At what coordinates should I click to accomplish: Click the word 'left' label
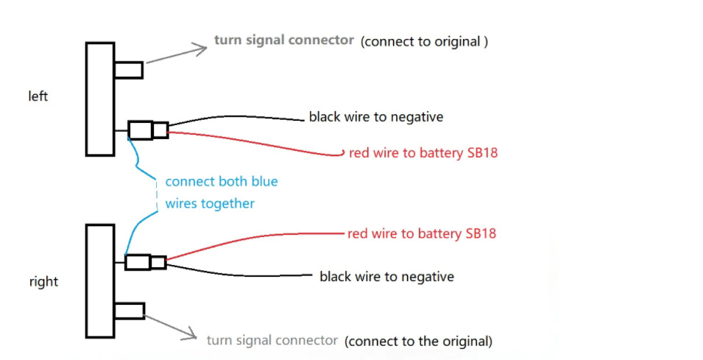[38, 96]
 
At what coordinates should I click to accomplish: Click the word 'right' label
[43, 281]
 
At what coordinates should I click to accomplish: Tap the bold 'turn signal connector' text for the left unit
[284, 40]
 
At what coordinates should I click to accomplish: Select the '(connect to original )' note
[424, 42]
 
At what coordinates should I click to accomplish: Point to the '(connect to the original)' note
[418, 341]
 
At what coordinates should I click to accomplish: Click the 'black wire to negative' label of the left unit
[376, 117]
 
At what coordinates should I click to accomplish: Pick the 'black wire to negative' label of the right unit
[386, 277]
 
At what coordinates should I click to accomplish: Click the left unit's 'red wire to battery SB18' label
[423, 153]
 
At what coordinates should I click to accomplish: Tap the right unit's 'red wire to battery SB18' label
[422, 233]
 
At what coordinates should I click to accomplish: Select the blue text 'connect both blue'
[222, 182]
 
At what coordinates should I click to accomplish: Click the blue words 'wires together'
[210, 203]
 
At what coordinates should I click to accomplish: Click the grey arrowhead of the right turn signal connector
[190, 334]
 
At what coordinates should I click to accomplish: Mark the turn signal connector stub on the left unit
[129, 71]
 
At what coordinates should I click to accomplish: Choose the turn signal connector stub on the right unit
[130, 311]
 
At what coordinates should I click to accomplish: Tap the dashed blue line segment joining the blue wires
[157, 195]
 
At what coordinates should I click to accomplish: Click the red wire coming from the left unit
[255, 143]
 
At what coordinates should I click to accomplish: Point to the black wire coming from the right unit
[238, 275]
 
